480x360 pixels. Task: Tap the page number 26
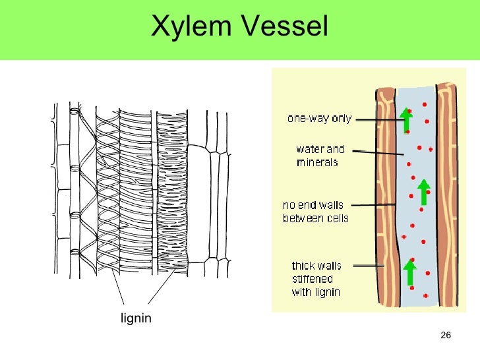[x=445, y=337]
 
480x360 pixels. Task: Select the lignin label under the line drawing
[x=136, y=319]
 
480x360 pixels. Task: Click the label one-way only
[x=319, y=119]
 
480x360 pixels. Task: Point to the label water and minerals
[x=320, y=156]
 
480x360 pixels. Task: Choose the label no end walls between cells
[x=315, y=212]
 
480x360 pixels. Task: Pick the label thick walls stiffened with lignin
[x=316, y=279]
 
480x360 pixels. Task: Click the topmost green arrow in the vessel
[x=407, y=120]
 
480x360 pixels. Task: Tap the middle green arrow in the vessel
[x=423, y=191]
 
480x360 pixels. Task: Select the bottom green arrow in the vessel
[x=409, y=273]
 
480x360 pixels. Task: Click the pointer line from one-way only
[x=376, y=120]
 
